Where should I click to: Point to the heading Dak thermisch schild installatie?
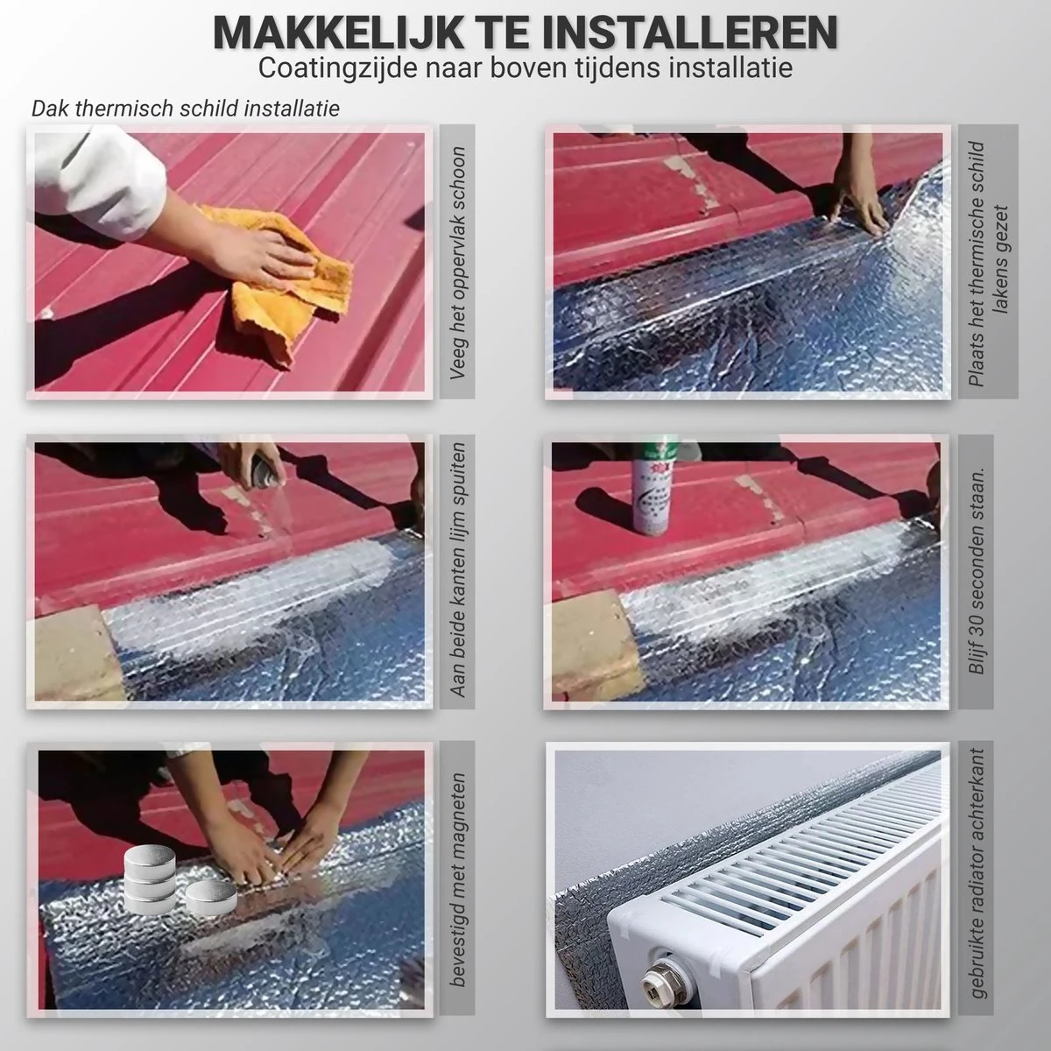point(186,109)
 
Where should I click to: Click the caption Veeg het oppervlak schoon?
point(457,263)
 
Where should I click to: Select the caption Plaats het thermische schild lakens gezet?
point(987,264)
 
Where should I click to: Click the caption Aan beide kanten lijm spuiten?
point(457,569)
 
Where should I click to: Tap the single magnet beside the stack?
point(211,898)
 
